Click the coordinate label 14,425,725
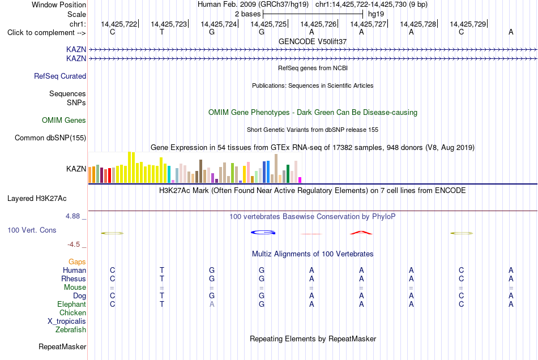268,24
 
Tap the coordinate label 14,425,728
418,24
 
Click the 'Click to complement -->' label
46,33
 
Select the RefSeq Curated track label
60,76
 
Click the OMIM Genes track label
64,121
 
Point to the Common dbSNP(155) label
50,138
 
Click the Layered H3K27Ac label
37,199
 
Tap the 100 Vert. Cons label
32,230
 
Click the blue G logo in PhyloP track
263,233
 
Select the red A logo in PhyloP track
361,233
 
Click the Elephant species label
72,304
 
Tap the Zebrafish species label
71,330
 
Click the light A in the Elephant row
212,304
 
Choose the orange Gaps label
77,262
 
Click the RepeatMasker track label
62,346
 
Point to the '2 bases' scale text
247,14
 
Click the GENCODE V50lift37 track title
313,41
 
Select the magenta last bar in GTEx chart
300,180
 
